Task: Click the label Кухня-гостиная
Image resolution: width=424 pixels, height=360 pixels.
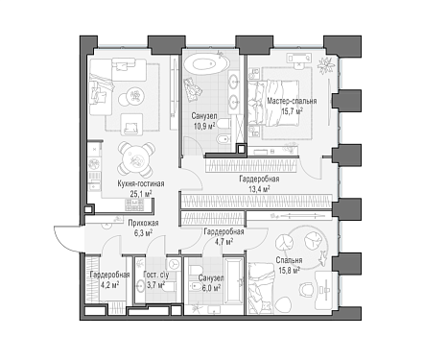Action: (141, 183)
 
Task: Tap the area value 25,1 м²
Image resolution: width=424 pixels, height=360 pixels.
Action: (141, 194)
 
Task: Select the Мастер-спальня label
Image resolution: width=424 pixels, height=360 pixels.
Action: (292, 101)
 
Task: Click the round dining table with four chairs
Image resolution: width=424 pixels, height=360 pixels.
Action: (136, 159)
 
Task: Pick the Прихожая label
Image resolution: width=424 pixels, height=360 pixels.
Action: (143, 223)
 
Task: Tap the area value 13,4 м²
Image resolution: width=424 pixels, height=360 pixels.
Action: (259, 189)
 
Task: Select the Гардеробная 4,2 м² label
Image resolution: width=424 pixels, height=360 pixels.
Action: (109, 279)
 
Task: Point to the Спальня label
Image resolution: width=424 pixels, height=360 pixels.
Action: (289, 260)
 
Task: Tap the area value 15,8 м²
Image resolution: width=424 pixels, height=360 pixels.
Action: (289, 271)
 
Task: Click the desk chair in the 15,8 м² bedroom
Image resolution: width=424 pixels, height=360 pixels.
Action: (306, 289)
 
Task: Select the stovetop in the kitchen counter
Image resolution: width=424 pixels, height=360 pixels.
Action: (134, 204)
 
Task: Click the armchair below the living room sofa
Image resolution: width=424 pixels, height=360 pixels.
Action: (131, 125)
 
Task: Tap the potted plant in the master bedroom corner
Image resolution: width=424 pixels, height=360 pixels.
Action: (326, 65)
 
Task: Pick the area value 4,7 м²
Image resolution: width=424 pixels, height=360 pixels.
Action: (224, 242)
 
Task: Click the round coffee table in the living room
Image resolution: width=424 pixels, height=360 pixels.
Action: (134, 96)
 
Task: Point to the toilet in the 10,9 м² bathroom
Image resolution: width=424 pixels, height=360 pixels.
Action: (224, 123)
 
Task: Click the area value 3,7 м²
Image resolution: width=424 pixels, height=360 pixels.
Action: (155, 285)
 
